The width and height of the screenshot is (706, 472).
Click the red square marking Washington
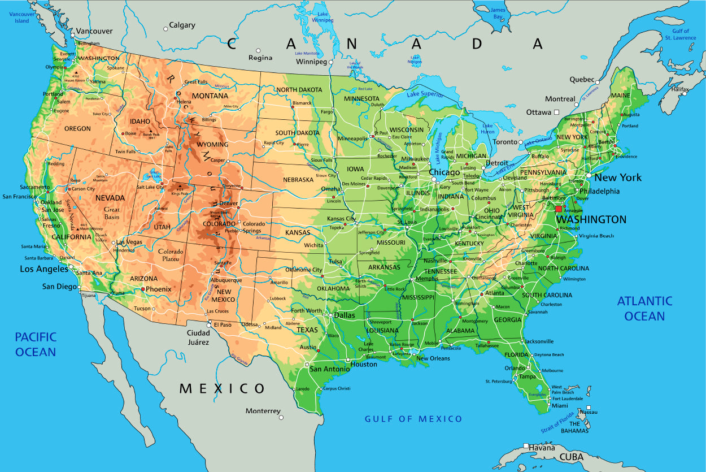coord(559,209)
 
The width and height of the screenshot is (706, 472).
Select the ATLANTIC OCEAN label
coord(644,308)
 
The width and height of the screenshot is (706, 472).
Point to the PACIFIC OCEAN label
coord(36,344)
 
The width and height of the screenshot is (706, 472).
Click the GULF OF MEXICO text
coord(413,419)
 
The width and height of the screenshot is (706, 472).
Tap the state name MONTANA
coord(210,96)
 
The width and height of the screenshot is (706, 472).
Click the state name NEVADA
coord(110,198)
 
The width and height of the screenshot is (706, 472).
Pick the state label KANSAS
coord(298,232)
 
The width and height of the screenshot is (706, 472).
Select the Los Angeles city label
coord(44,269)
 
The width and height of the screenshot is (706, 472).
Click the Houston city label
coord(364,365)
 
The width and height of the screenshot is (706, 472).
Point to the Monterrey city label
coord(263,410)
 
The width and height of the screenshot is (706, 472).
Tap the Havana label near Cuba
coord(542,448)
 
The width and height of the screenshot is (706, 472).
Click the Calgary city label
coord(182,25)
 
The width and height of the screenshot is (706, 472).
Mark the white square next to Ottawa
coord(556,112)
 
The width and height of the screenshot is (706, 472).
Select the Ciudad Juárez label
coord(198,337)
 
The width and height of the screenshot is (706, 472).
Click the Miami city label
coord(560,406)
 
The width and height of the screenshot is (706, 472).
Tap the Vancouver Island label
coord(21,18)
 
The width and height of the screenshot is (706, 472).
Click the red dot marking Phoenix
coord(143,289)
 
